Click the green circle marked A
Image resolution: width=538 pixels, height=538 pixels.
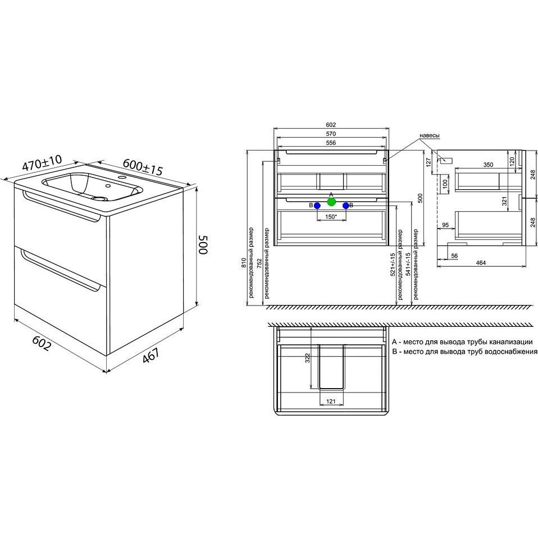pos(331,202)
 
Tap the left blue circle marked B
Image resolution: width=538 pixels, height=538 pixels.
pos(317,206)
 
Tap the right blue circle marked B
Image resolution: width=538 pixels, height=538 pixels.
pos(346,206)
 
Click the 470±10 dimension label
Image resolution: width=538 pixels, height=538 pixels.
pos(42,163)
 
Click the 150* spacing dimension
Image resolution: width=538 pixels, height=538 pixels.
pos(330,217)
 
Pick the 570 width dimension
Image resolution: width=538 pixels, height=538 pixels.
pos(331,134)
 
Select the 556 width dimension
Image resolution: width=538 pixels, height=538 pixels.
pos(331,143)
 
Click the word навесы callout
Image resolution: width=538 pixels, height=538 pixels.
pos(429,135)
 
